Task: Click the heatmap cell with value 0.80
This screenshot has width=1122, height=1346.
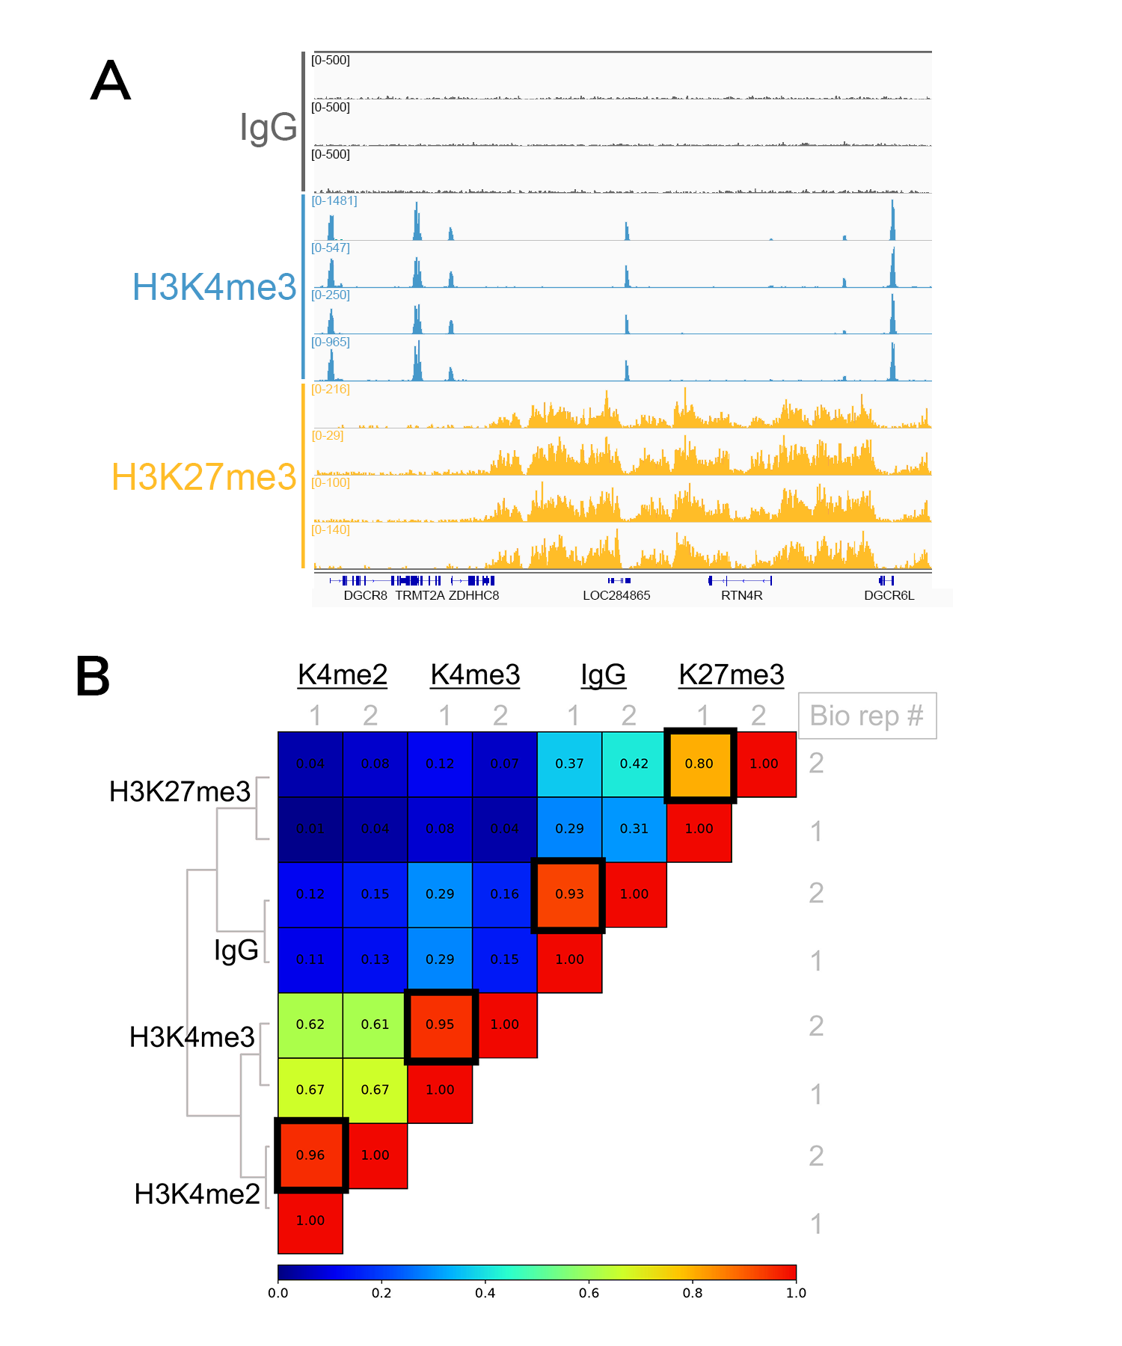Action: [699, 764]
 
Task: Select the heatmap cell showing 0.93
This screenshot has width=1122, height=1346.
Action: [569, 894]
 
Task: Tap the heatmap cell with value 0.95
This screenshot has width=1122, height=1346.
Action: [440, 1024]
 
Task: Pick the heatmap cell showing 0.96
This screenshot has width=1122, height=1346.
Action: [310, 1155]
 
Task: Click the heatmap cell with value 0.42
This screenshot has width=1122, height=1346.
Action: [634, 764]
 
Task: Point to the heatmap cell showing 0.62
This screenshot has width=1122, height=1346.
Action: [310, 1024]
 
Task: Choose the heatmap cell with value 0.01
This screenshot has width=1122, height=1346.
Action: [310, 829]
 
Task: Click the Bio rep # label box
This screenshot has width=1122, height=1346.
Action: [867, 716]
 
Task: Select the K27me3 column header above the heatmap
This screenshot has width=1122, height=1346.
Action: [731, 674]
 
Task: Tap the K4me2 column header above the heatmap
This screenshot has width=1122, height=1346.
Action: [343, 674]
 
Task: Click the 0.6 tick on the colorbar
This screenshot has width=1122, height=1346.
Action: [589, 1293]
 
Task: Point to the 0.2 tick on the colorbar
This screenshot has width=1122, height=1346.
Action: [381, 1293]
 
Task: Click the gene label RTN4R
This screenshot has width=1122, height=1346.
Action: [741, 596]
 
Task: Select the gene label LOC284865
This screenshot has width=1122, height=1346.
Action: [616, 596]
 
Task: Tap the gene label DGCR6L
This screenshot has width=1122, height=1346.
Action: [889, 596]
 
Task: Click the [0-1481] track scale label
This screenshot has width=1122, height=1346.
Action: [334, 200]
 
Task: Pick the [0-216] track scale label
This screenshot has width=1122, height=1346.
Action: [331, 389]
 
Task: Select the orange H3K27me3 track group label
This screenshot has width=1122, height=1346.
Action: [203, 477]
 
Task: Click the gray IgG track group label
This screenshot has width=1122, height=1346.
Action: [268, 127]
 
